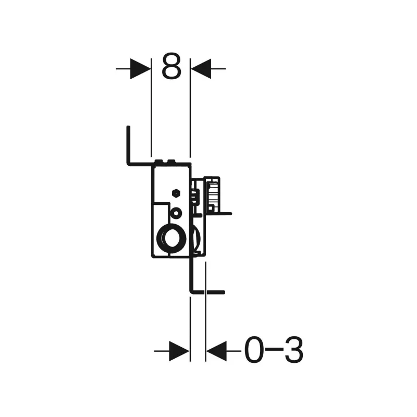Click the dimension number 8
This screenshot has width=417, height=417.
tap(171, 66)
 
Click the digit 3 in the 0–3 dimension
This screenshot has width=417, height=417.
tap(294, 350)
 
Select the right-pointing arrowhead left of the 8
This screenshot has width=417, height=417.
tap(140, 69)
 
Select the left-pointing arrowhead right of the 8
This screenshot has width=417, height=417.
tap(201, 69)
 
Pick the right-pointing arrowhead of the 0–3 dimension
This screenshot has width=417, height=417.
tap(179, 351)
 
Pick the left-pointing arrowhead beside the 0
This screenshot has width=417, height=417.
tap(216, 351)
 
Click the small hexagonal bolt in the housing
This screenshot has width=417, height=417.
tap(176, 193)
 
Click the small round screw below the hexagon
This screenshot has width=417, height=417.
tap(176, 213)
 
